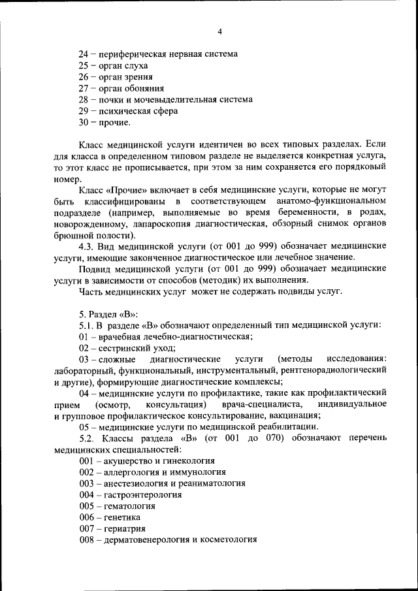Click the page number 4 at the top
[220, 31]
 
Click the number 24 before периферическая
[84, 54]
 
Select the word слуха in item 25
[136, 65]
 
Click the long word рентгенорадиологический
[335, 370]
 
